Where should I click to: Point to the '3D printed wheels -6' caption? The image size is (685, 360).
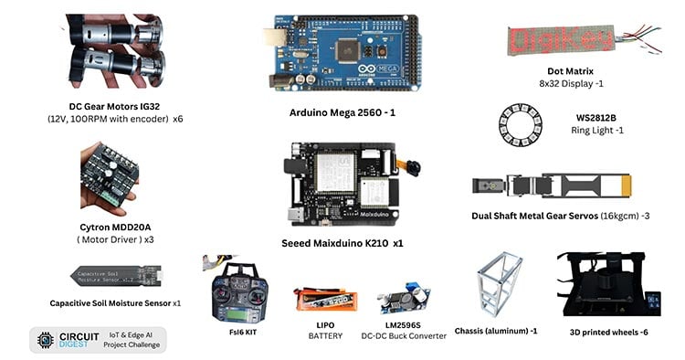[x=612, y=333]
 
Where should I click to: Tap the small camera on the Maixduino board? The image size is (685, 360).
[x=414, y=169]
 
